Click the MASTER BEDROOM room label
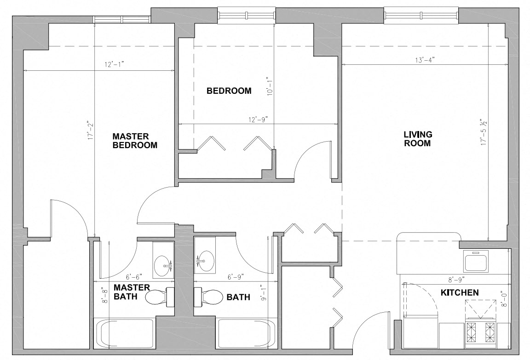pos(135,141)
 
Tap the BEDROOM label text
pos(229,91)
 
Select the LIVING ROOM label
pos(418,139)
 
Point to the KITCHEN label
pos(460,292)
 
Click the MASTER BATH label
pos(132,292)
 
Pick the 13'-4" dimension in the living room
pos(425,60)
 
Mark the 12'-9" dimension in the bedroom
pos(258,119)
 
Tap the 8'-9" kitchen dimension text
pos(456,279)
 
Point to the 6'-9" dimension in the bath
pos(235,277)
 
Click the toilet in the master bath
pos(160,297)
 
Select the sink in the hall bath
pos(205,261)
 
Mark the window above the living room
pos(421,15)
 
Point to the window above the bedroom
pos(247,15)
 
